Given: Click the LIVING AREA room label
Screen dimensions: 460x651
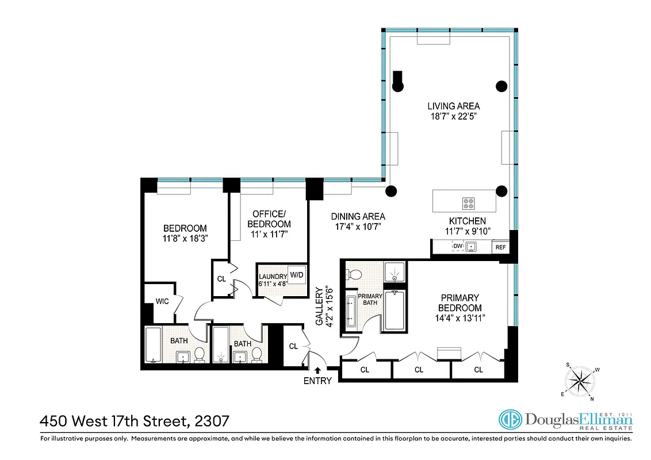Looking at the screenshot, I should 453,106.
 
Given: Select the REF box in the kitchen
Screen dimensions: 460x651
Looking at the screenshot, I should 500,247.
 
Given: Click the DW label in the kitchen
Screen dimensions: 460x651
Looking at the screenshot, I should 457,247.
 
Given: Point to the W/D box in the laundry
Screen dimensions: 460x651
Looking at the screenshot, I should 297,275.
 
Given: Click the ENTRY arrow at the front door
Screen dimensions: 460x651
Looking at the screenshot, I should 317,371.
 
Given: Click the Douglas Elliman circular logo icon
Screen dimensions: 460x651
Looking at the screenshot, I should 509,421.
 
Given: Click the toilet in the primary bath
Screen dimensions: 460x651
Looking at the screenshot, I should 354,275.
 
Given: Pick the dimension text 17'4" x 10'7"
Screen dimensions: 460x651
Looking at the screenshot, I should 358,227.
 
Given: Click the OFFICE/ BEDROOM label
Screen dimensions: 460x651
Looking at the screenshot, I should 269,219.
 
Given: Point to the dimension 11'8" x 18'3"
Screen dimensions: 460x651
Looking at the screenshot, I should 185,238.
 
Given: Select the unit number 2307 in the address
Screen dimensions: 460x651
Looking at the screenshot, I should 212,421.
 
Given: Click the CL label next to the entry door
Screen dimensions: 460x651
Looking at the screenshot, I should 293,346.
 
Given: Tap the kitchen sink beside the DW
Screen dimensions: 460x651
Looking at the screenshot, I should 471,247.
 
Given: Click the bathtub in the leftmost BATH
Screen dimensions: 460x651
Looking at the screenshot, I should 153,346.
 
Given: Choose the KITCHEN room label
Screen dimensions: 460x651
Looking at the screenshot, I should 467,221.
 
